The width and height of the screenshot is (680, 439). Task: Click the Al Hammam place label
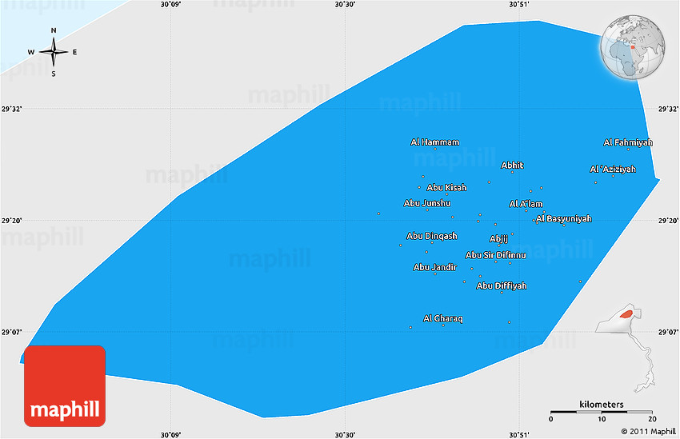[x=434, y=142]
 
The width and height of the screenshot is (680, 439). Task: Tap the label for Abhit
[x=512, y=166]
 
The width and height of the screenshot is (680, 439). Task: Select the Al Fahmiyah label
[x=628, y=142]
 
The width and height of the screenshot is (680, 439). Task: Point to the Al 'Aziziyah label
[x=613, y=170]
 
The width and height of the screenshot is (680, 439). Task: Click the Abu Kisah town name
[x=446, y=188]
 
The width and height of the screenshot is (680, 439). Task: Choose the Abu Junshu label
[x=427, y=203]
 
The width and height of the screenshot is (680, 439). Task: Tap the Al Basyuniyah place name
[x=564, y=218]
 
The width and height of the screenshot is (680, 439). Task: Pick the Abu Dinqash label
[x=432, y=236]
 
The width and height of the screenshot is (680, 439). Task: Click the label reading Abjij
[x=498, y=238]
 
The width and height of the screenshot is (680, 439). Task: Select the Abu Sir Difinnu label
[x=496, y=255]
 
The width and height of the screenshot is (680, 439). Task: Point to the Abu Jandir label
[x=434, y=267]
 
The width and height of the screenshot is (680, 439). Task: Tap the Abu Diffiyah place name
[x=502, y=285]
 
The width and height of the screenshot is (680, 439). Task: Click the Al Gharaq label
[x=443, y=318]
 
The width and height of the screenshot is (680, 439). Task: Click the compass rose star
[x=54, y=52]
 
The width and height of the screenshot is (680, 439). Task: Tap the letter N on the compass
[x=54, y=30]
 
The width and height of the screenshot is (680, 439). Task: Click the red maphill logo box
[x=64, y=386]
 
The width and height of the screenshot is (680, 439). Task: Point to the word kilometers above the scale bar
[x=602, y=405]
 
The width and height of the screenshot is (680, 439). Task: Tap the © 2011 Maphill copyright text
[x=647, y=432]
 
